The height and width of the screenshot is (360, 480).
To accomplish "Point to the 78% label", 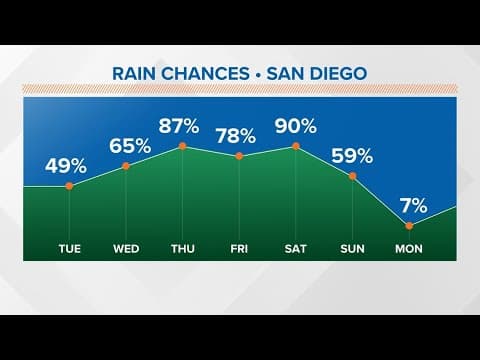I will (240, 135).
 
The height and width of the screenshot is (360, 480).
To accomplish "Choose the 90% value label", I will (297, 126).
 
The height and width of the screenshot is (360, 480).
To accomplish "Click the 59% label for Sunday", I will (353, 155).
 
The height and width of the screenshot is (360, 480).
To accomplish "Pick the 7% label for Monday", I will (411, 206).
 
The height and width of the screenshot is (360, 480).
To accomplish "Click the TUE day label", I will (69, 246).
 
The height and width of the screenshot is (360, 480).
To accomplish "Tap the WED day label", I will (126, 246).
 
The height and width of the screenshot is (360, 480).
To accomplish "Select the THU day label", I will (183, 246).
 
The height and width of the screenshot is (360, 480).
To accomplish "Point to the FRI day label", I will (240, 246).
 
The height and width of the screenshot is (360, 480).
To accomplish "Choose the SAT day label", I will (297, 246).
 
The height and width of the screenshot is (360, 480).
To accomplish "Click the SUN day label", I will (353, 246).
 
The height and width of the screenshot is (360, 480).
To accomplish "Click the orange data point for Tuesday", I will (69, 186).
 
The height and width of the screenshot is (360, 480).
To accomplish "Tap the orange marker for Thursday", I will (183, 147).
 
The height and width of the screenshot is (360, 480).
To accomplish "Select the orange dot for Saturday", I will (297, 147).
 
